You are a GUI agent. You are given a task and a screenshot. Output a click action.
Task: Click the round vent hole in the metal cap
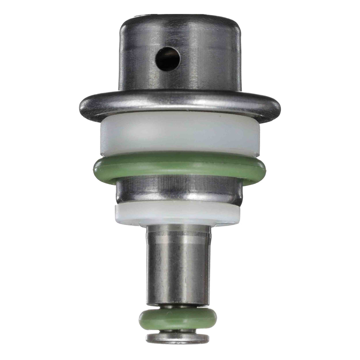tap(168, 58)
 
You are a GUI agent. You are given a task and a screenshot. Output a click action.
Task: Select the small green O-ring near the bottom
tap(178, 319)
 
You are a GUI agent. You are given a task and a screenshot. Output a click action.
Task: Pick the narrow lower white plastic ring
tap(178, 213)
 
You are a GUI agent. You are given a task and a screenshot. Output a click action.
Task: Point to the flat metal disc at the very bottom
tap(178, 338)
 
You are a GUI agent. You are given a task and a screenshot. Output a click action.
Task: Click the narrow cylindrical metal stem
tap(179, 267)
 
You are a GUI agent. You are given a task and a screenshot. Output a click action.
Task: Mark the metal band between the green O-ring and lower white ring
tap(179, 192)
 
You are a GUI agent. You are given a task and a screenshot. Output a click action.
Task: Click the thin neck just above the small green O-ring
tap(178, 307)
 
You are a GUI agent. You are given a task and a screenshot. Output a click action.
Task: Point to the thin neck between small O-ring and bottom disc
tap(178, 331)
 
